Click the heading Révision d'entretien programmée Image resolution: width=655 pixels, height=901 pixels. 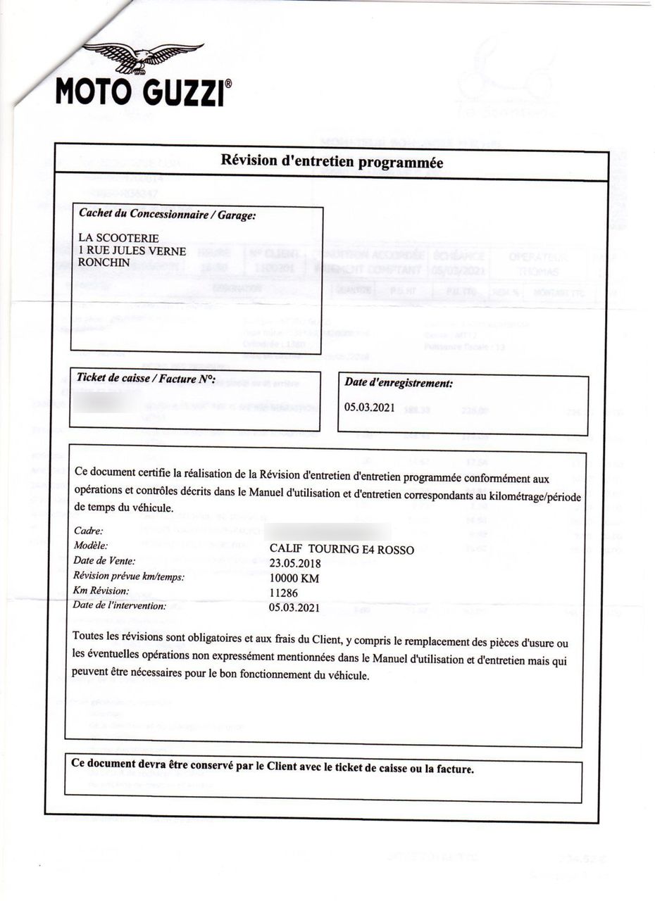tap(332, 162)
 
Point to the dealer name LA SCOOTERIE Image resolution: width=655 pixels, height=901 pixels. tap(118, 238)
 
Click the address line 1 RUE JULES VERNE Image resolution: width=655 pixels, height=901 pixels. tap(132, 251)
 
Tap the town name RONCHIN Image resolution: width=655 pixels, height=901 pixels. tap(104, 263)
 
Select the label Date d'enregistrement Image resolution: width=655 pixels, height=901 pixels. tap(398, 383)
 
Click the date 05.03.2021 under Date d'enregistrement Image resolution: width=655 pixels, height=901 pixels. tap(370, 407)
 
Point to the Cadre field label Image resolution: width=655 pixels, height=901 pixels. tap(88, 531)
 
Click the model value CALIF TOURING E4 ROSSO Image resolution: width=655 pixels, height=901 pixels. tap(342, 549)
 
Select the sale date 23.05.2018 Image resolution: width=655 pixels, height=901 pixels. tap(295, 563)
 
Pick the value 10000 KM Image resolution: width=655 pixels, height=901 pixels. tap(294, 578)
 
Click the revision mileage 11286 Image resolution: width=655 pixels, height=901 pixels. tap(284, 593)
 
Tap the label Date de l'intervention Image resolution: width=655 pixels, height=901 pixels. tap(120, 605)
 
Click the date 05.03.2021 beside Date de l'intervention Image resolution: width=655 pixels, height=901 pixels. tap(295, 607)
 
